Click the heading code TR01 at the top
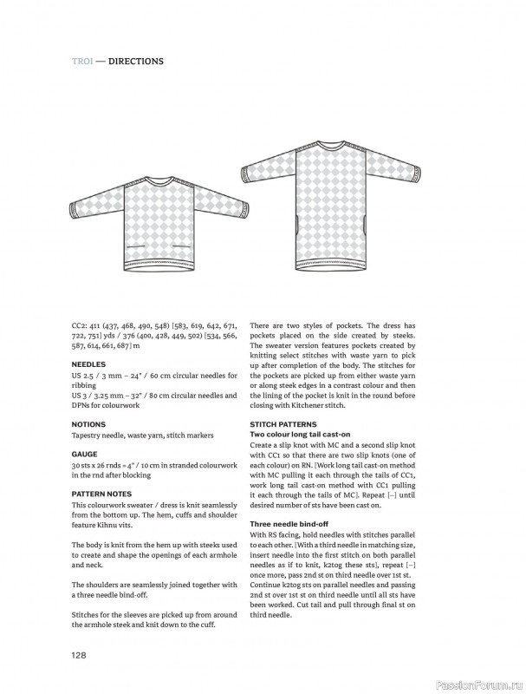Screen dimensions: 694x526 82,62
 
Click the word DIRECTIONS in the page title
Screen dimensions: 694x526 136,62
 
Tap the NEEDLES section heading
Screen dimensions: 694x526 88,364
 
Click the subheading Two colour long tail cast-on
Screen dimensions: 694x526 300,433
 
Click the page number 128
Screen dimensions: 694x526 81,656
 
